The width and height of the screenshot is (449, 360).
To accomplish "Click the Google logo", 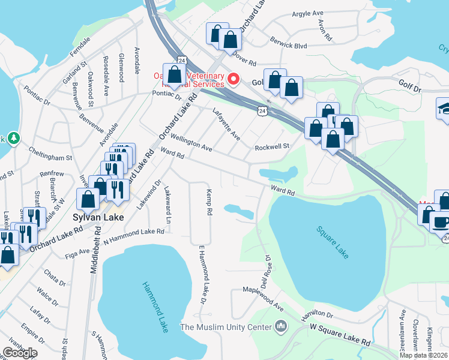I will click(x=19, y=353).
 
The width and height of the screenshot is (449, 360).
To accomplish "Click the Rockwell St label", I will click(x=272, y=146).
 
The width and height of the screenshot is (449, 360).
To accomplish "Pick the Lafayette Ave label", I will click(x=226, y=124).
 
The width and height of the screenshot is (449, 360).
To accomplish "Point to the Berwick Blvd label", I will click(x=289, y=46).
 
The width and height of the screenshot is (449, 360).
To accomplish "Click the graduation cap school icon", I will click(x=443, y=109).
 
